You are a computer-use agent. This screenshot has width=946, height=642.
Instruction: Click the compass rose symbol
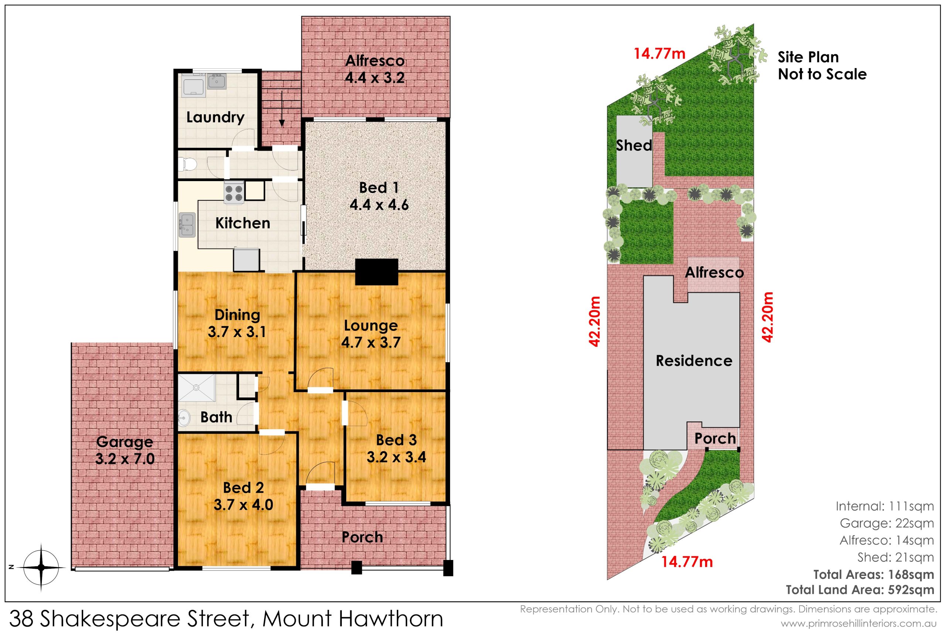click(41, 567)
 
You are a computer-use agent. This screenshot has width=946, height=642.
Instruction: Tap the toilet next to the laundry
click(188, 165)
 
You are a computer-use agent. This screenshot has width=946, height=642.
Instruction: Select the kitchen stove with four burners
click(234, 193)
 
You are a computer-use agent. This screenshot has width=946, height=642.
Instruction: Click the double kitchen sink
click(187, 225)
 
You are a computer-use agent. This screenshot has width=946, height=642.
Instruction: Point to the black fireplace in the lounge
click(377, 272)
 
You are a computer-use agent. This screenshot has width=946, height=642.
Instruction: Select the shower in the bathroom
click(197, 388)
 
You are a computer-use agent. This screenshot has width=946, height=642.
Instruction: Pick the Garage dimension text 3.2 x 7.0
click(125, 459)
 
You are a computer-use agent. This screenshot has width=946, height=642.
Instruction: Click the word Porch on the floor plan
click(362, 537)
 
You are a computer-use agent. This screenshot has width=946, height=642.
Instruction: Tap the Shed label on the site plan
click(634, 145)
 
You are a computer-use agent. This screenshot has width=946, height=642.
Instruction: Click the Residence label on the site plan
click(694, 361)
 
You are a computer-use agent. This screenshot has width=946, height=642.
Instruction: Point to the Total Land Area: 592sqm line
click(860, 590)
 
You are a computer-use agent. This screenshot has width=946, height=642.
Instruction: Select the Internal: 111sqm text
click(885, 506)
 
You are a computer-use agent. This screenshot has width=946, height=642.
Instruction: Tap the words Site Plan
click(808, 57)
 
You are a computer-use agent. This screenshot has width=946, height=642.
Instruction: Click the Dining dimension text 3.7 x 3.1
click(237, 332)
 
